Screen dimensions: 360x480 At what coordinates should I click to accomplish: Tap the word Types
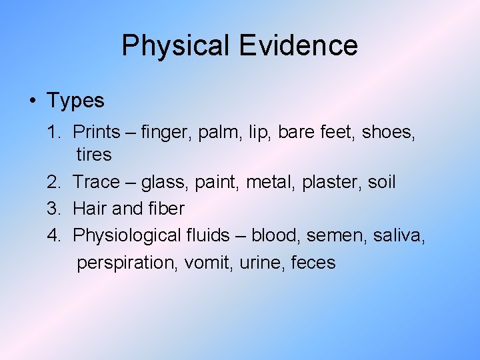[75, 101]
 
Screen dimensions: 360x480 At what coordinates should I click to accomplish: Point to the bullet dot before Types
[33, 101]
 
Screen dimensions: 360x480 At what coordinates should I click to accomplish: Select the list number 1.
[53, 132]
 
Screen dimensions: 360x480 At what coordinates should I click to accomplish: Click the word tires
[94, 155]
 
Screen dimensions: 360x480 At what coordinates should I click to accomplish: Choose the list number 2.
[53, 182]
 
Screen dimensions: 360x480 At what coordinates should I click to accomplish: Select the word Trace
[96, 182]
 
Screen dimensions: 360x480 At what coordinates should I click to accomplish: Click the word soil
[381, 182]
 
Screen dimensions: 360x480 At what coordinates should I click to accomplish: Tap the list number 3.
[53, 209]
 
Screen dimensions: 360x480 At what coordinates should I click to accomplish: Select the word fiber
[166, 209]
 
